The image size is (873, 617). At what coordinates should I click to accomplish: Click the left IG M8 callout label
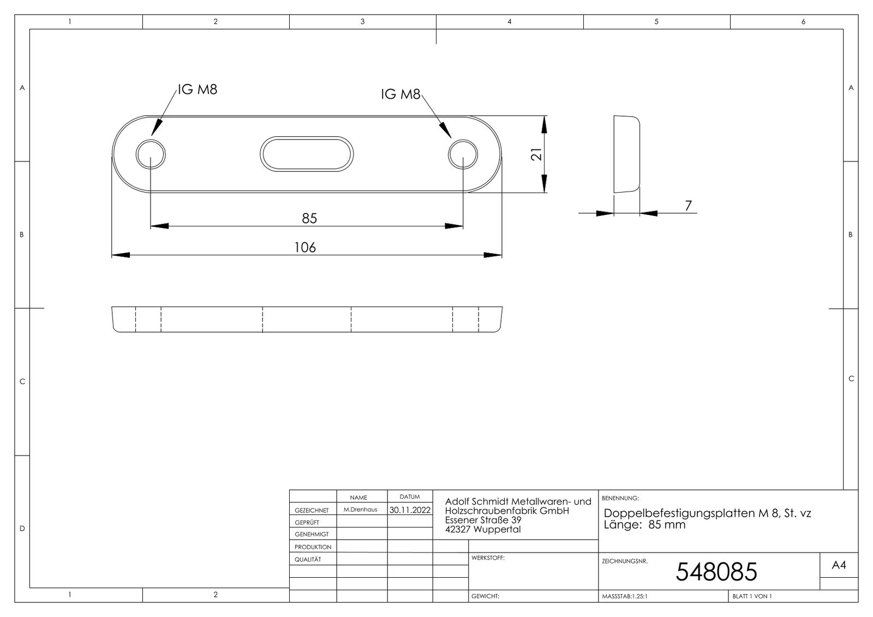[198, 89]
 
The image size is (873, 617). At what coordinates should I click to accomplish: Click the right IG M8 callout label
[400, 94]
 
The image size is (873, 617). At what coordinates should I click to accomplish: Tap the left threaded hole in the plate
[151, 154]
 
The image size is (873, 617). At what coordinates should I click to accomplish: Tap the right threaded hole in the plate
[463, 154]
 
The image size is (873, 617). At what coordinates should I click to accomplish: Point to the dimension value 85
[309, 218]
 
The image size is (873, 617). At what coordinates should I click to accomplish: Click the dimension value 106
[305, 248]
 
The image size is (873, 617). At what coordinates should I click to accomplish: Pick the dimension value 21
[537, 154]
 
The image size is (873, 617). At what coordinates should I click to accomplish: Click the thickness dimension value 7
[688, 206]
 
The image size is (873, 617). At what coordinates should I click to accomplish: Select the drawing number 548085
[716, 572]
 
